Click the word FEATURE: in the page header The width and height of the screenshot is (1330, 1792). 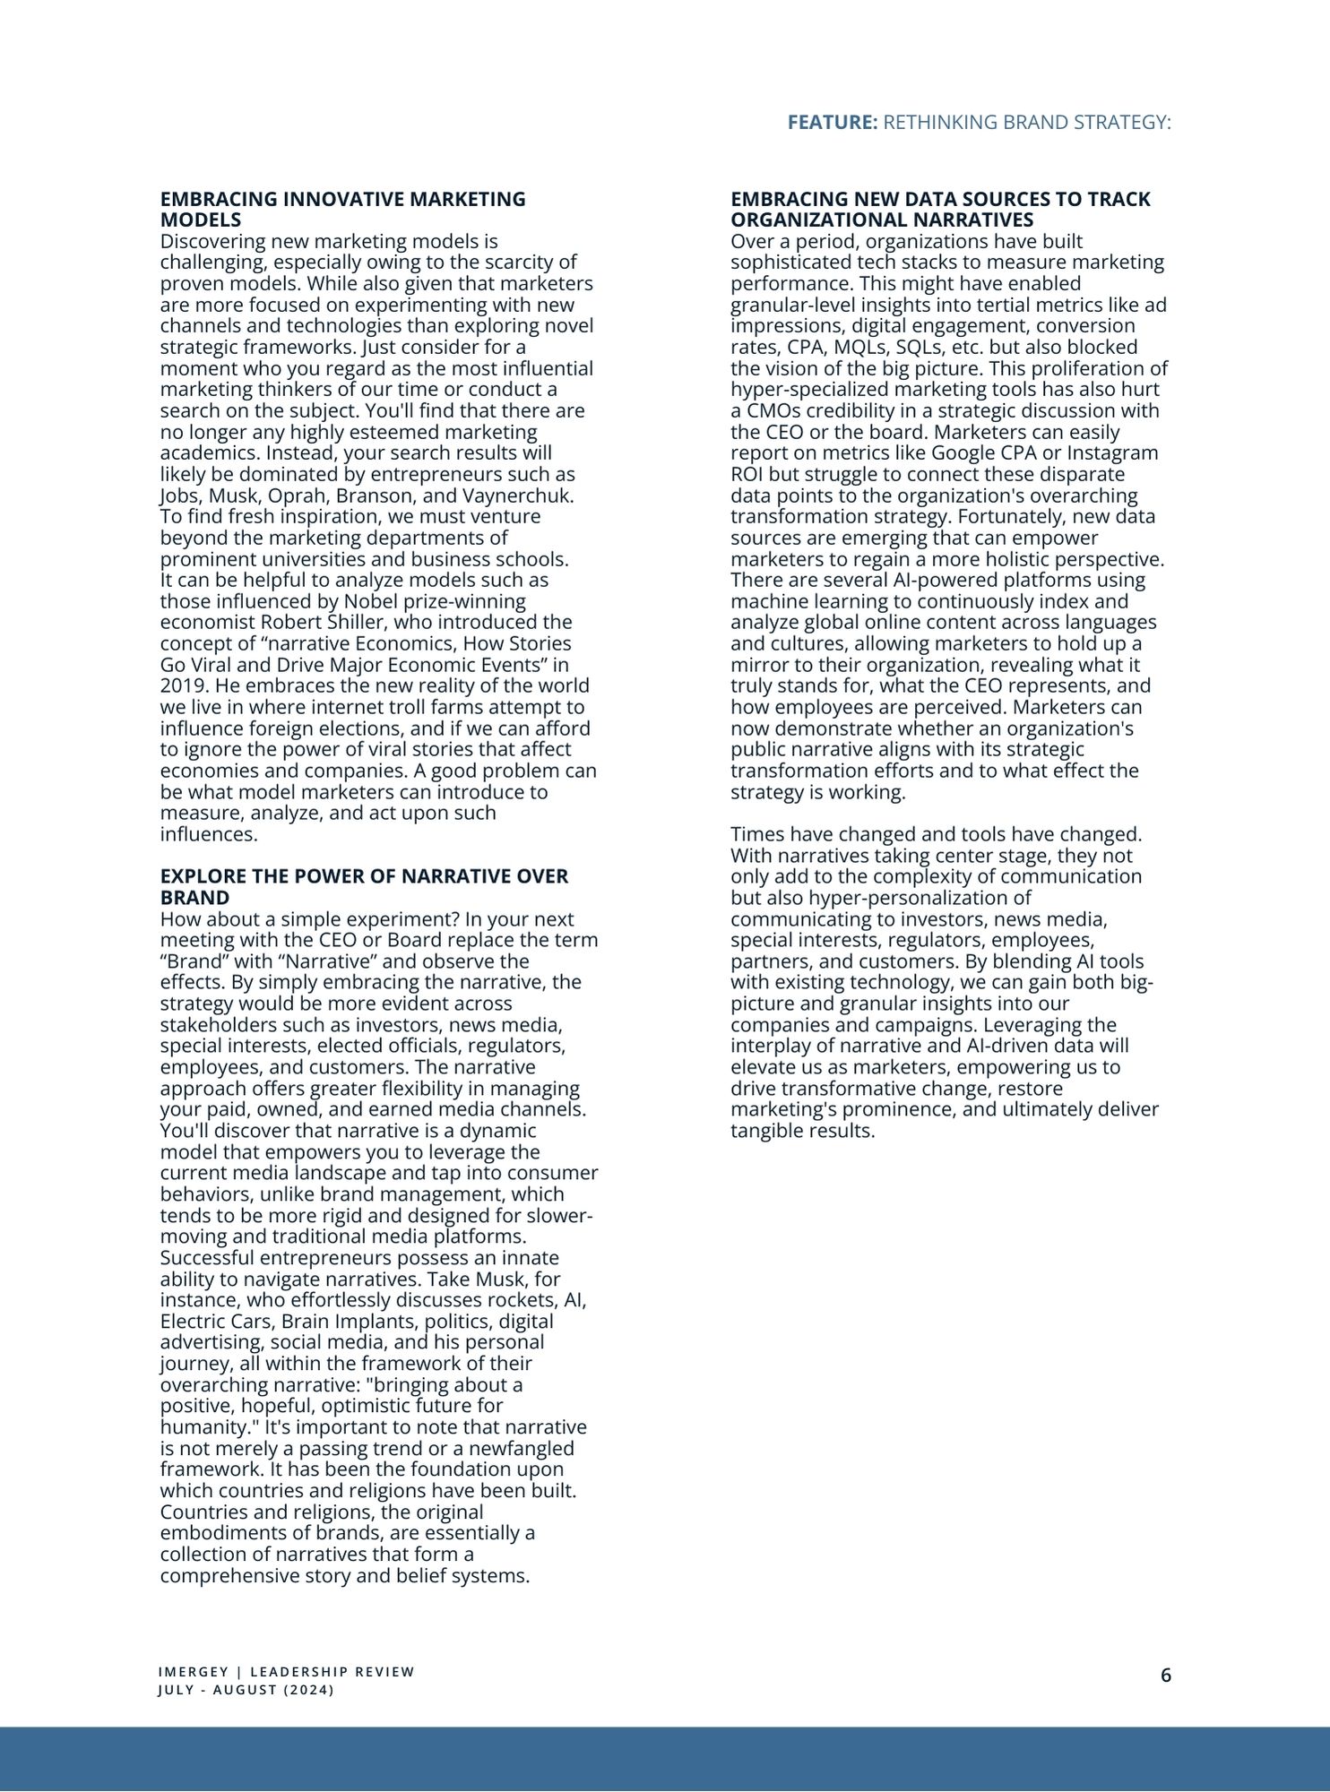pyautogui.click(x=832, y=123)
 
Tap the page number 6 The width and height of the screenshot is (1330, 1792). pyautogui.click(x=1165, y=1676)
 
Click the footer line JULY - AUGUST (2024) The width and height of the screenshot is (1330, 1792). pyautogui.click(x=246, y=1690)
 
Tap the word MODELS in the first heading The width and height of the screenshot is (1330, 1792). pyautogui.click(x=200, y=220)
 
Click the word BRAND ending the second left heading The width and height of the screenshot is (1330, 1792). pyautogui.click(x=194, y=898)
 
